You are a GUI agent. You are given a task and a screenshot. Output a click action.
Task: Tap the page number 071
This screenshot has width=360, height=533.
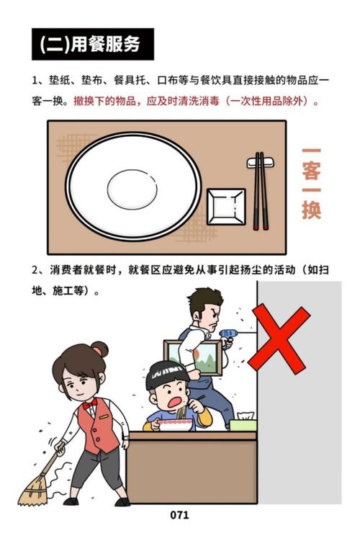point(179,514)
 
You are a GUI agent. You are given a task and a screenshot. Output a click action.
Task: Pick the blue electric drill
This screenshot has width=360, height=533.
point(228,336)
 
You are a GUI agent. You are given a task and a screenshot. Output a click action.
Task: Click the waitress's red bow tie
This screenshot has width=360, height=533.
point(89,405)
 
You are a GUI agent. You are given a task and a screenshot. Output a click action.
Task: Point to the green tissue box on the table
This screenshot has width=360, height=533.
point(243,424)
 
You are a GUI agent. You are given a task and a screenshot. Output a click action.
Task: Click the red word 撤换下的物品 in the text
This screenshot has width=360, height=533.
point(104,102)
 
